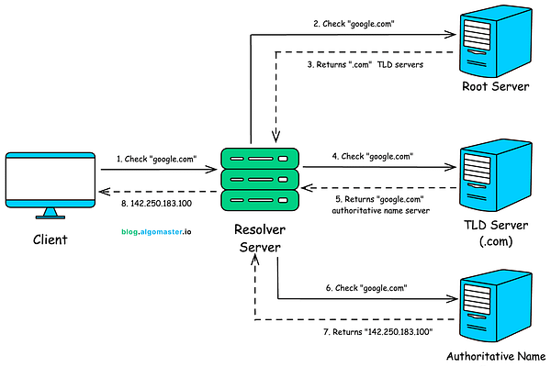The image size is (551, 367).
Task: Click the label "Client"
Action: [50, 239]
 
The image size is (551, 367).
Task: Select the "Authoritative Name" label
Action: [496, 355]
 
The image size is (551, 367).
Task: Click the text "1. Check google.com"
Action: [156, 159]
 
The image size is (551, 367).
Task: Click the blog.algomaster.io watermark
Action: [156, 232]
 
